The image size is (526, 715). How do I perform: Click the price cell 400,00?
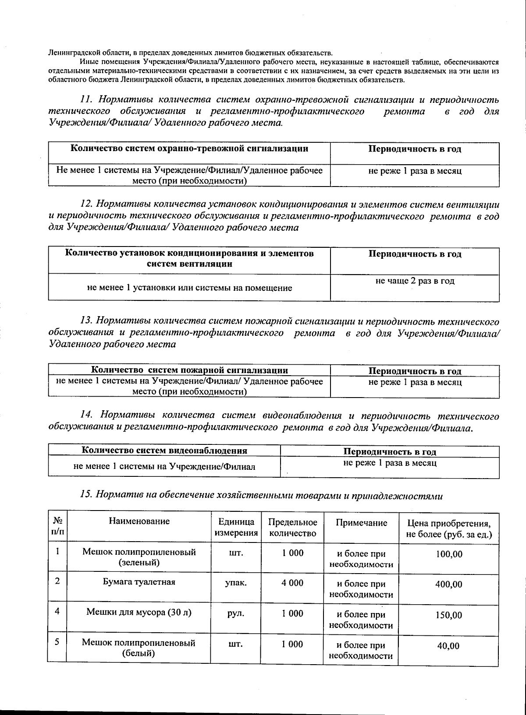448,585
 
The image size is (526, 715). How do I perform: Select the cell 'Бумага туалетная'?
139,582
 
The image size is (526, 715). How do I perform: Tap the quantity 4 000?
292,583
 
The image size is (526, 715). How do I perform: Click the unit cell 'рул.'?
236,613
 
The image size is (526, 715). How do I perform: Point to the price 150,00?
448,615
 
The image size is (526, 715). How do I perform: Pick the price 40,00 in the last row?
448,646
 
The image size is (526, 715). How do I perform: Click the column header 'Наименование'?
139,521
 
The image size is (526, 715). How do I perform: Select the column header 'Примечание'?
361,522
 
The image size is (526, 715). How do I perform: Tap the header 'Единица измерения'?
236,527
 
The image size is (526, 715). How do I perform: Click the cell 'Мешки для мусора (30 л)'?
139,612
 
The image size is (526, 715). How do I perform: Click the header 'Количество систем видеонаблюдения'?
164,451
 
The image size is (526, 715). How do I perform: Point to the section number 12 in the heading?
86,204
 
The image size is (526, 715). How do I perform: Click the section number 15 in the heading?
86,495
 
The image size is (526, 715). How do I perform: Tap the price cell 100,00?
448,554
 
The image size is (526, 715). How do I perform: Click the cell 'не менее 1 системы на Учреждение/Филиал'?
164,466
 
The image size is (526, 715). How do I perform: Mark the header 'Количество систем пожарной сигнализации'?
189,370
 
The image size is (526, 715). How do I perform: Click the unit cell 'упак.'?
236,583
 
